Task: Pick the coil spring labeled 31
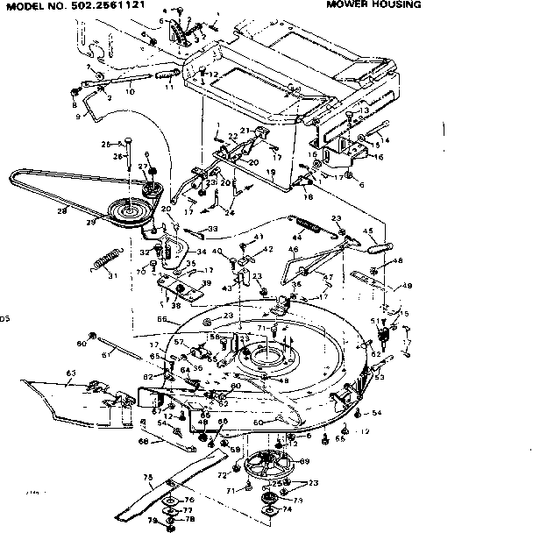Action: [105, 260]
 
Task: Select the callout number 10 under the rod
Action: [130, 90]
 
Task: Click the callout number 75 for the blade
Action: [146, 479]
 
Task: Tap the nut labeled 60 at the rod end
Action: [93, 337]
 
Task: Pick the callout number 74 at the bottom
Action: [287, 509]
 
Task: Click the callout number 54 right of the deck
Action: [376, 412]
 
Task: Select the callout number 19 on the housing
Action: [273, 173]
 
